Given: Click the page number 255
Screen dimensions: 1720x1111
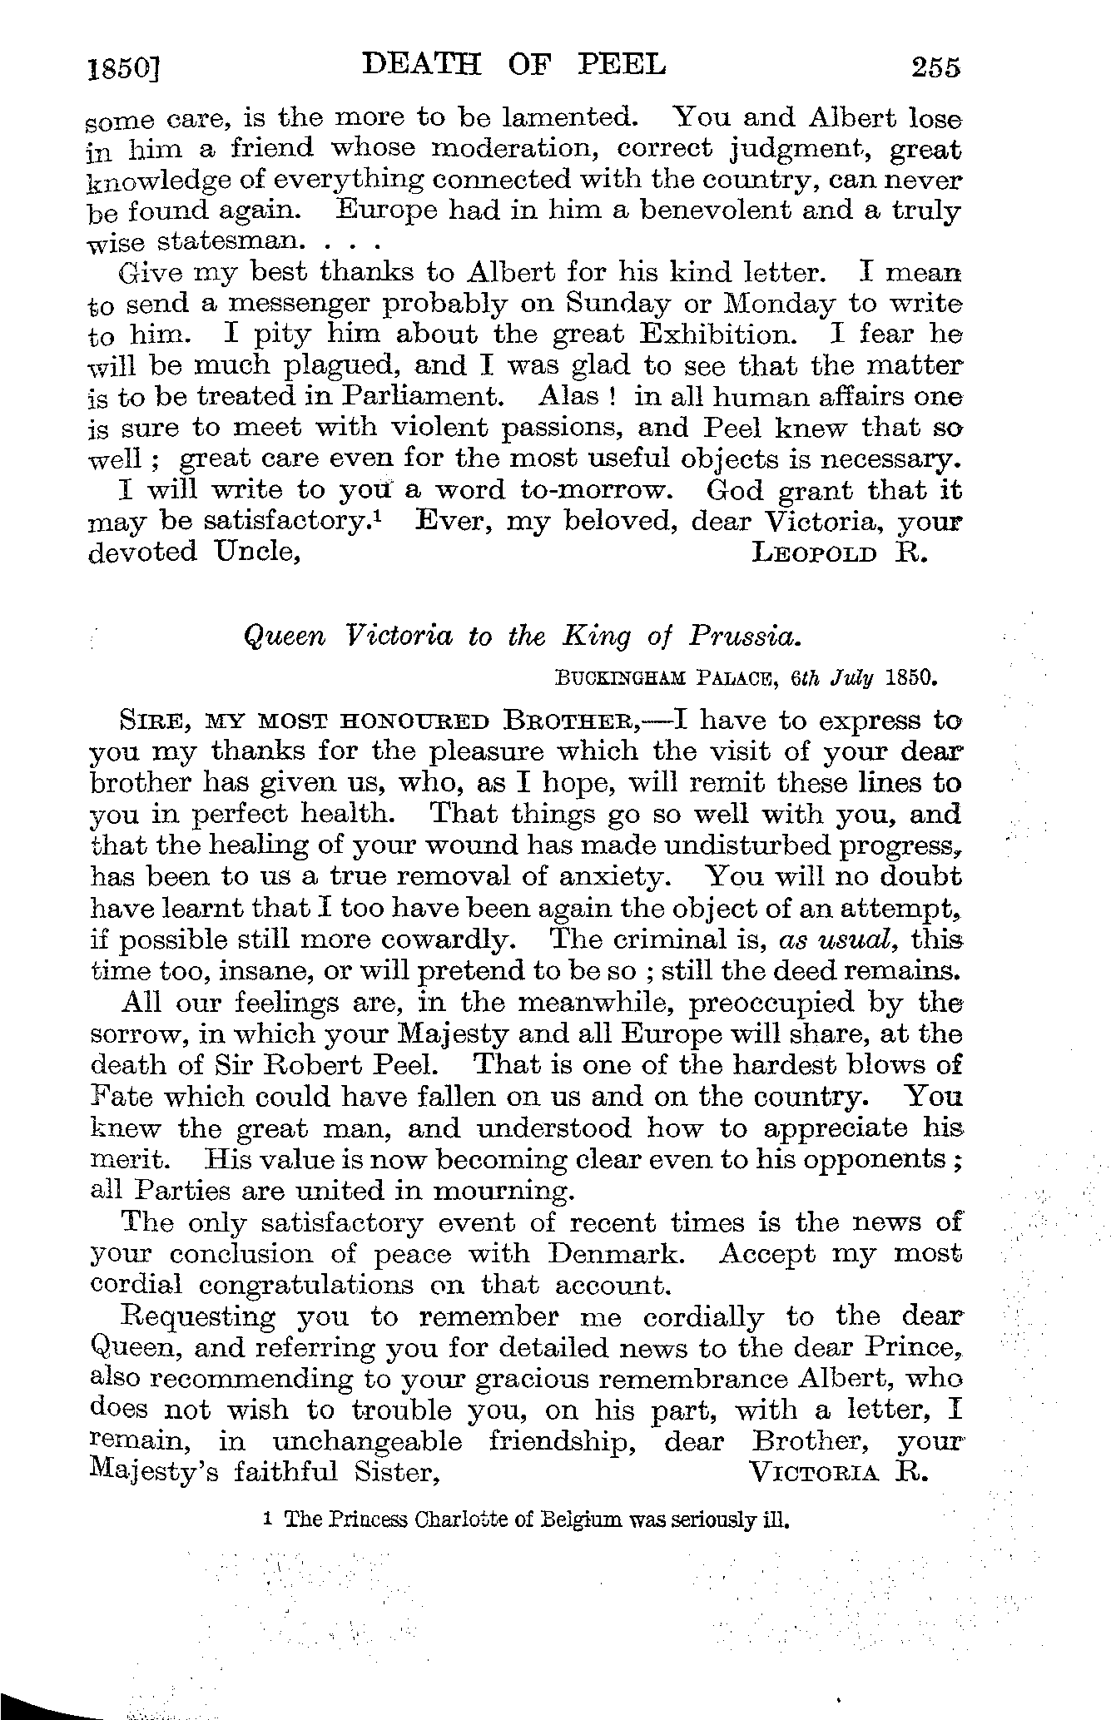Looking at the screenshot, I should tap(935, 66).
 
